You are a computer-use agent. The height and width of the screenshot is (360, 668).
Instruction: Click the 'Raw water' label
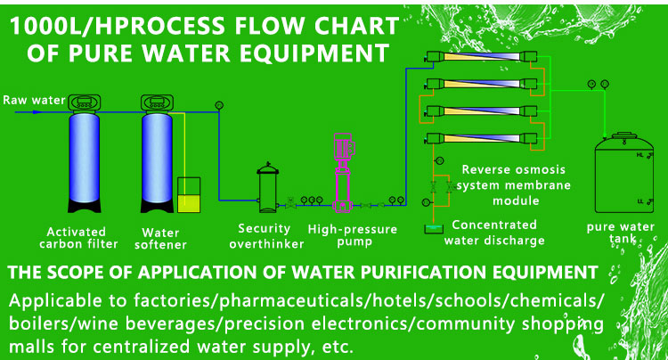pyautogui.click(x=33, y=100)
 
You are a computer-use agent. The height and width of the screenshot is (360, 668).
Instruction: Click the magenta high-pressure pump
pyautogui.click(x=343, y=174)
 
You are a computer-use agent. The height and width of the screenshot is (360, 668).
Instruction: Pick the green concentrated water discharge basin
pyautogui.click(x=433, y=229)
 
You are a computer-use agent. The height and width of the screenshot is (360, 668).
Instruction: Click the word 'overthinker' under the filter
pyautogui.click(x=265, y=242)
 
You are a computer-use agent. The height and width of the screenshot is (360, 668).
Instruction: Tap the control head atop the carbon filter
pyautogui.click(x=87, y=102)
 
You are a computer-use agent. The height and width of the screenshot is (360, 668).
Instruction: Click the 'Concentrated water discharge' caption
pyautogui.click(x=495, y=233)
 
